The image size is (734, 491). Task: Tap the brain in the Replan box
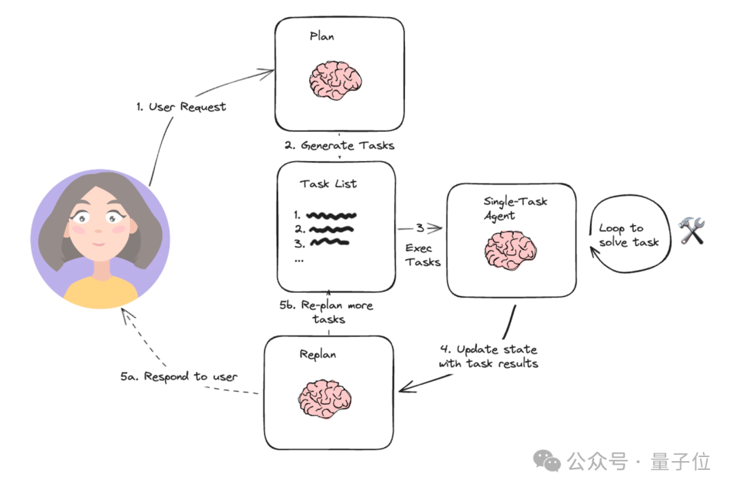[325, 399]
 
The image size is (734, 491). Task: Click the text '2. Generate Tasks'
[338, 145]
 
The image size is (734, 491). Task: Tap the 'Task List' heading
[328, 184]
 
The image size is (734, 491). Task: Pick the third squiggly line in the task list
[330, 242]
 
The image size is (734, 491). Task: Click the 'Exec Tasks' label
[423, 255]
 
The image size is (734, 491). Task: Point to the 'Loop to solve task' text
[629, 235]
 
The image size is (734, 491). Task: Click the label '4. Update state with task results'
[488, 356]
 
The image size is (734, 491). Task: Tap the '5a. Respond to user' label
[179, 377]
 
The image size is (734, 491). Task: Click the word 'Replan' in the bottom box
[317, 354]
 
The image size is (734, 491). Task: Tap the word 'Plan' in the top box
[321, 36]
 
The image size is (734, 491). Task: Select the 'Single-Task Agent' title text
[514, 208]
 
